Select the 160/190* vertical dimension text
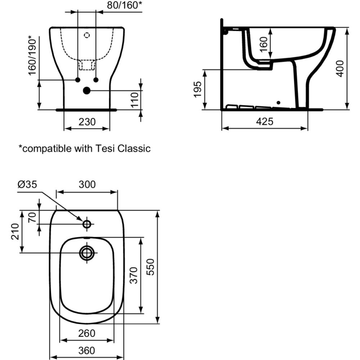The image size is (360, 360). pos(32,55)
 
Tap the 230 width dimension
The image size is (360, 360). pos(87,122)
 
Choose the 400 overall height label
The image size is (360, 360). pos(340,68)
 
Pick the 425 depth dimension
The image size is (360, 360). pos(265,122)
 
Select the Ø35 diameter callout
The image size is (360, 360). pos(27,184)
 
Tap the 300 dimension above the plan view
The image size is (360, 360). pos(87,184)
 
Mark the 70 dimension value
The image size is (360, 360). pos(32,217)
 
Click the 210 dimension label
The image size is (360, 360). pos(15,231)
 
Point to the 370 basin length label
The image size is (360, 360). pos(134,275)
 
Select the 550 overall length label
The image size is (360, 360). pos(151,266)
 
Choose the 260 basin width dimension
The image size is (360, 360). pos(87,333)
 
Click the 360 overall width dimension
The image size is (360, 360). pos(87,350)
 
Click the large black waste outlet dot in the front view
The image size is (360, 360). pos(87,91)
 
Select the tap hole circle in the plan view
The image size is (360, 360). pos(87,224)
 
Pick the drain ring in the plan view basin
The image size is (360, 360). pos(87,253)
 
